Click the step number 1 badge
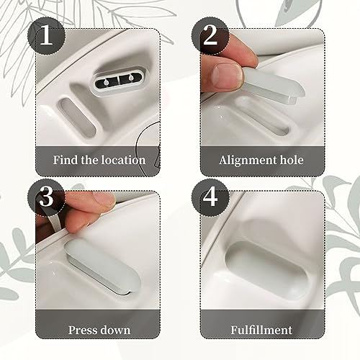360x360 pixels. coord(46,36)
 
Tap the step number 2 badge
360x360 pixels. coord(210,36)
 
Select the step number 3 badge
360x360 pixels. coord(46,197)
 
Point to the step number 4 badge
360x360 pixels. coord(210,197)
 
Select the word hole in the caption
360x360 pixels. coord(292,160)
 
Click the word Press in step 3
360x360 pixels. coord(82,330)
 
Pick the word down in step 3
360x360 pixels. coord(115,330)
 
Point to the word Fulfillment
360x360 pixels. coord(261,330)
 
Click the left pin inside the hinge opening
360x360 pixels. coord(106,83)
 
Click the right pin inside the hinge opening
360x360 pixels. coord(131,78)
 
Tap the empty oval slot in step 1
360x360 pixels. coord(77,117)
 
